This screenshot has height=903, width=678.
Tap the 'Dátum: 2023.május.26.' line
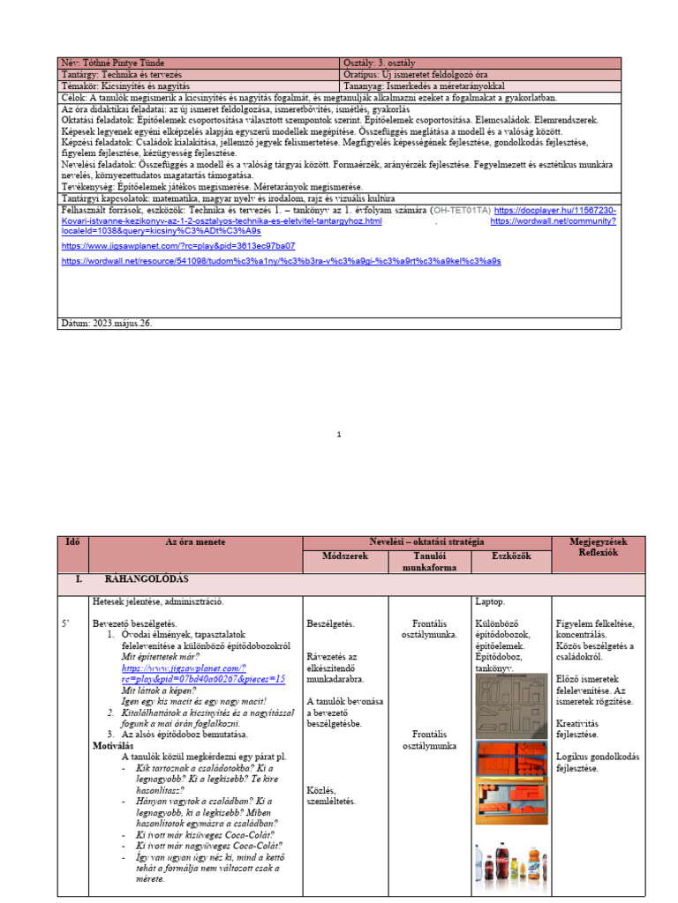coord(106,324)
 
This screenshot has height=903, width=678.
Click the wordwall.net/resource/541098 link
coord(281,262)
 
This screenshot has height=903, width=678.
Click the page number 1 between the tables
coord(339,434)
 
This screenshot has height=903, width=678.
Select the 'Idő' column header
coord(72,541)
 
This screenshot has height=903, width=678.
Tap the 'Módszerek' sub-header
coord(343,557)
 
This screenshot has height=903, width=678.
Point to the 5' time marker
coord(65,623)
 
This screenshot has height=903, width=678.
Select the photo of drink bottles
coord(511,864)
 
